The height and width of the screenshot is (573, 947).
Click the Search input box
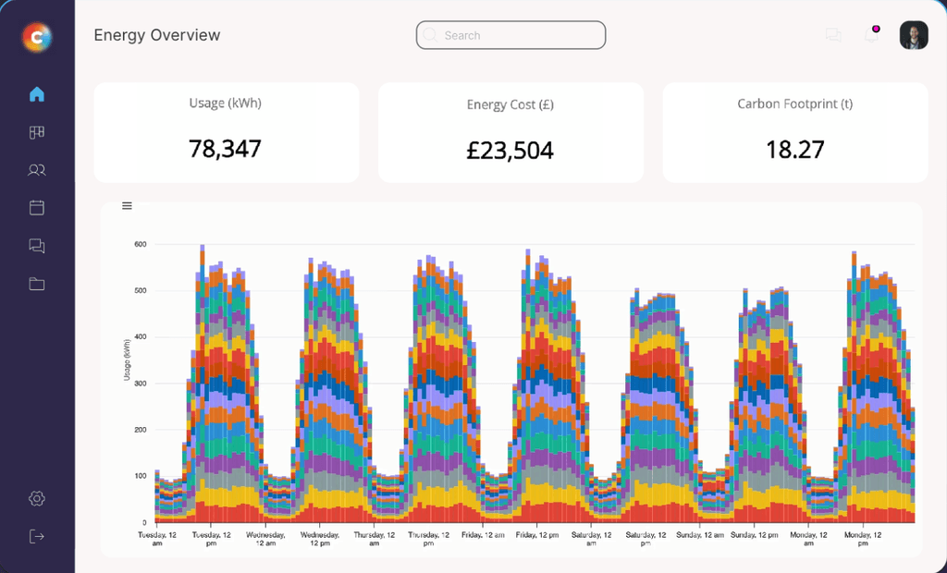click(x=510, y=35)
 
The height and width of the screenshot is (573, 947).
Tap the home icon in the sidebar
click(x=37, y=94)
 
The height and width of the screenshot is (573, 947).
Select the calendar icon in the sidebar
click(x=37, y=208)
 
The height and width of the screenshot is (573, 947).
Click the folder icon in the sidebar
click(x=37, y=284)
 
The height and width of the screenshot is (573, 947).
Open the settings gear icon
click(x=37, y=498)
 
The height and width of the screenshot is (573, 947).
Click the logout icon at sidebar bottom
click(x=37, y=536)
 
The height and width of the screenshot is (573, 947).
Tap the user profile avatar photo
click(x=914, y=35)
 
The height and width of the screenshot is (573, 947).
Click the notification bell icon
click(x=871, y=35)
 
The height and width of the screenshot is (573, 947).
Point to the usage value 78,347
click(x=225, y=148)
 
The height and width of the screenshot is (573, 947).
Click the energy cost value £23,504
click(x=510, y=150)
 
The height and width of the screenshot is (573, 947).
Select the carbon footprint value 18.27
click(x=794, y=149)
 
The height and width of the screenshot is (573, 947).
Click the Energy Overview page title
click(x=157, y=35)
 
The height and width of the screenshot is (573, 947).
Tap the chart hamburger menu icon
click(x=128, y=206)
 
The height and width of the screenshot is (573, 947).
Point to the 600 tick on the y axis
click(x=141, y=244)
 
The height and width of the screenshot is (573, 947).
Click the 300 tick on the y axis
click(x=141, y=384)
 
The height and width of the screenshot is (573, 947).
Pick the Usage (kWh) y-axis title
click(x=127, y=360)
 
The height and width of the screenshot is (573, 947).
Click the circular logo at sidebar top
click(x=37, y=37)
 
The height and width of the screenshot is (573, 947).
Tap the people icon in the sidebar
click(x=37, y=170)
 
